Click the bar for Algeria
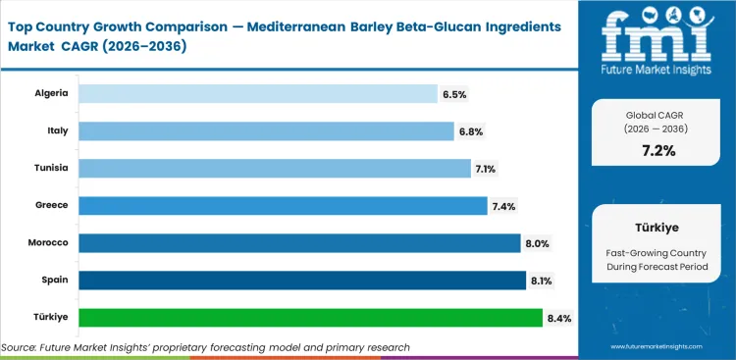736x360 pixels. click(x=257, y=93)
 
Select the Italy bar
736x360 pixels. click(x=265, y=130)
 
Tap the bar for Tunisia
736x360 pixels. click(x=274, y=168)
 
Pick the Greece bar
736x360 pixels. click(x=283, y=205)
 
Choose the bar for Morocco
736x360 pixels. click(x=299, y=242)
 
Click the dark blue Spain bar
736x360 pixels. click(x=301, y=280)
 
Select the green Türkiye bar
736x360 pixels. click(x=310, y=317)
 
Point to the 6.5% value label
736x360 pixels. click(x=454, y=94)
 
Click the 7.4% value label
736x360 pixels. click(x=504, y=206)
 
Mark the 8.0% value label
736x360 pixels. click(x=538, y=243)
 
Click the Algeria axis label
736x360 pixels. click(x=51, y=93)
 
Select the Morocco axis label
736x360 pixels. click(x=47, y=242)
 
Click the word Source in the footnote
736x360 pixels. click(x=22, y=347)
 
